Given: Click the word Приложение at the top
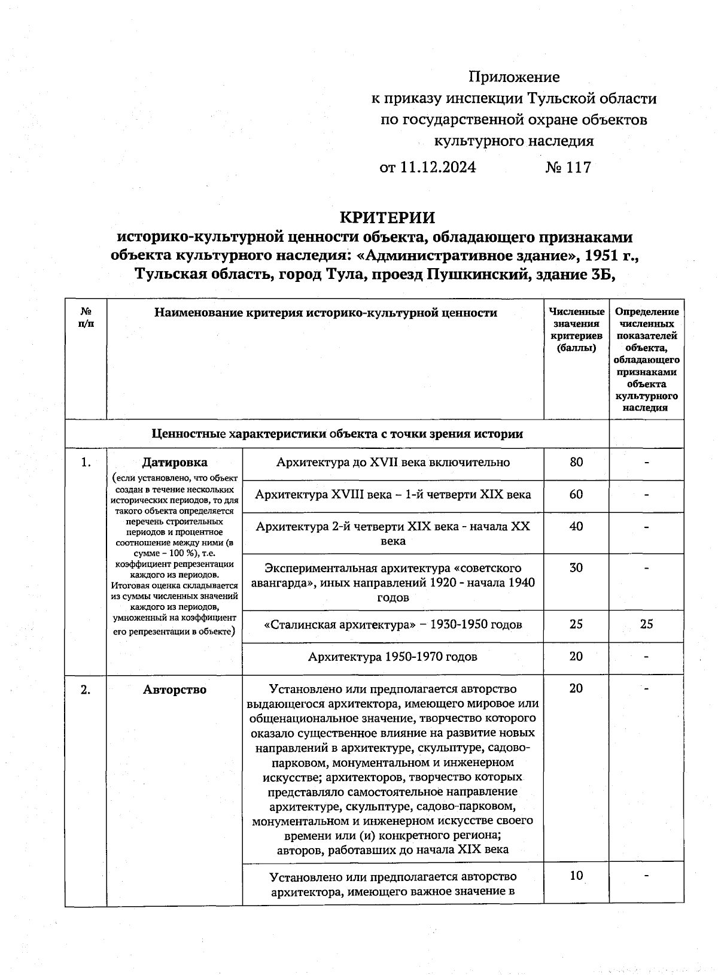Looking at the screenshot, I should pyautogui.click(x=514, y=77).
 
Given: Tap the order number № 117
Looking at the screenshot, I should pyautogui.click(x=568, y=167).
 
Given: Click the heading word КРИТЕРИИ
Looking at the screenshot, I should pyautogui.click(x=387, y=217).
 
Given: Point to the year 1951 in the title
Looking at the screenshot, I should pyautogui.click(x=601, y=255).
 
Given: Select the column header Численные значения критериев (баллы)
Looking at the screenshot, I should pyautogui.click(x=576, y=329).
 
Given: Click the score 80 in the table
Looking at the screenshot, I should pyautogui.click(x=576, y=462).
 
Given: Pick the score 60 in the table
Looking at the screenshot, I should pyautogui.click(x=576, y=494).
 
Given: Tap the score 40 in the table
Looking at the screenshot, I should pyautogui.click(x=576, y=526).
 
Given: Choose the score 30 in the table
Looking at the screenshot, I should pyautogui.click(x=576, y=567).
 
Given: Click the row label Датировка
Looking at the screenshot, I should pyautogui.click(x=175, y=462).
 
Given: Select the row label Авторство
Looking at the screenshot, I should pyautogui.click(x=175, y=690).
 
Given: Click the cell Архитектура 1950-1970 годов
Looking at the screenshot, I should pyautogui.click(x=393, y=657).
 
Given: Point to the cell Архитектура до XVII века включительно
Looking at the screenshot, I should pyautogui.click(x=393, y=462).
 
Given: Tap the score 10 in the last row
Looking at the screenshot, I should pyautogui.click(x=576, y=876).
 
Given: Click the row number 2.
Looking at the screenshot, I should pyautogui.click(x=86, y=690).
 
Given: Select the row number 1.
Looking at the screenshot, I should pyautogui.click(x=86, y=462).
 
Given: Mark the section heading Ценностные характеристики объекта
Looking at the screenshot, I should pyautogui.click(x=337, y=433).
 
